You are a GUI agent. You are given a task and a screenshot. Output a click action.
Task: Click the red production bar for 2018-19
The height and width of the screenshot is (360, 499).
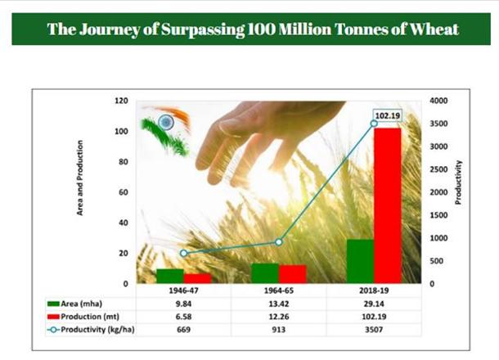click(388, 205)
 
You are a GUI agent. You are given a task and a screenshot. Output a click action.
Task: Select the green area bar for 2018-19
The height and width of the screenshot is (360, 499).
click(360, 261)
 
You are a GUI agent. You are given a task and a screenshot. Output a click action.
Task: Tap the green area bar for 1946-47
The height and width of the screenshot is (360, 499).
click(170, 276)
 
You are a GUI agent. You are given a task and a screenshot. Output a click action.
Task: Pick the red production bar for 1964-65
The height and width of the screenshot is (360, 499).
click(293, 274)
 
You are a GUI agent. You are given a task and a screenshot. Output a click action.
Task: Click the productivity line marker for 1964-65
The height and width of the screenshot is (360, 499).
click(279, 242)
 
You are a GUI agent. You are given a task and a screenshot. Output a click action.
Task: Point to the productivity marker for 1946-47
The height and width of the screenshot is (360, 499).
click(183, 254)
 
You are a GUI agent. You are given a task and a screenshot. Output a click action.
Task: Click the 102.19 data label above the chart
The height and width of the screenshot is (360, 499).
click(387, 115)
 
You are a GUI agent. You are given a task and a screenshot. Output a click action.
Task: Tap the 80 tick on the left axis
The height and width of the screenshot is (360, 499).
click(124, 162)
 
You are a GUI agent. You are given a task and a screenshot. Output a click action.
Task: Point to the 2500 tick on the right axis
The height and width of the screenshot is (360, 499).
click(438, 169)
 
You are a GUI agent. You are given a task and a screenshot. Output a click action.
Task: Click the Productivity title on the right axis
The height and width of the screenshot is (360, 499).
click(458, 182)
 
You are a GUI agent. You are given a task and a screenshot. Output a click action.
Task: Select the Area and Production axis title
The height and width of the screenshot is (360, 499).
click(80, 178)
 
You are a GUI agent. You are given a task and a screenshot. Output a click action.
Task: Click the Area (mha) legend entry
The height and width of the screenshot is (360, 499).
click(74, 304)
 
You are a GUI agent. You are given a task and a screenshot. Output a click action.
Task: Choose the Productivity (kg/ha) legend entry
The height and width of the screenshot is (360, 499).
click(91, 330)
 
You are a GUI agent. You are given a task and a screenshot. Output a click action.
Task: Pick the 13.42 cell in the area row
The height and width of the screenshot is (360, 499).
click(279, 304)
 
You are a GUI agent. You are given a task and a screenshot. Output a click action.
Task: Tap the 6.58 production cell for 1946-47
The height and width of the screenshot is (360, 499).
click(183, 317)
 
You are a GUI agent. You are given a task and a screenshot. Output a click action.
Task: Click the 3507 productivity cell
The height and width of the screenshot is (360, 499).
click(374, 330)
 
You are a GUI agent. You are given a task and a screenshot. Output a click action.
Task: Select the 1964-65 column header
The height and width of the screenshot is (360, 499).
click(279, 290)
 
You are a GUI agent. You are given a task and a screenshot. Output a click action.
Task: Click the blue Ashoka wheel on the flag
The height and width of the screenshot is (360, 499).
click(166, 122)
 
